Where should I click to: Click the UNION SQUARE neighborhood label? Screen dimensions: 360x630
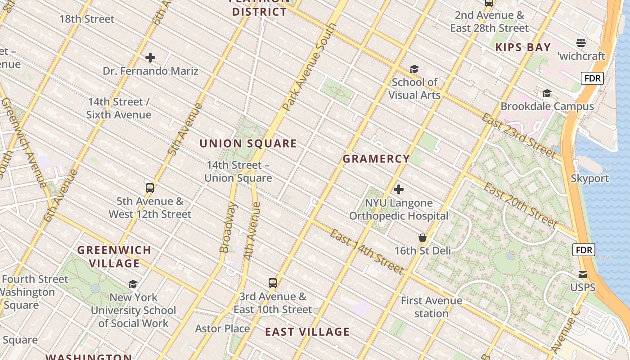point(248,144)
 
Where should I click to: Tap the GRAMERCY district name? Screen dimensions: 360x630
point(376,159)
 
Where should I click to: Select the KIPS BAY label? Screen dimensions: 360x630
point(523,47)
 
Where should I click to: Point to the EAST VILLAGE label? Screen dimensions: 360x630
point(307,332)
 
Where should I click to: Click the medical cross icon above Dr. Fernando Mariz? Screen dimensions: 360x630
point(150,58)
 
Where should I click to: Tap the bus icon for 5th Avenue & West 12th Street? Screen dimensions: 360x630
point(150,188)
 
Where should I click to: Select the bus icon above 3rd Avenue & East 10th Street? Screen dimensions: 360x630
point(273,283)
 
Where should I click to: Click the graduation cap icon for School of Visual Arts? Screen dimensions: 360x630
point(414,69)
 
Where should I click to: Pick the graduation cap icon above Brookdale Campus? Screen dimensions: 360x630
point(547,93)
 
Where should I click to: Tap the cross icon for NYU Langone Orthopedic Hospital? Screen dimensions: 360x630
point(399,189)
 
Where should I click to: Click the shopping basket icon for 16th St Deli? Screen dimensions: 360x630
point(423,238)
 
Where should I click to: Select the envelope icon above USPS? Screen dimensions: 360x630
point(583,274)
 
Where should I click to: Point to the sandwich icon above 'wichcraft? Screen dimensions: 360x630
point(581,43)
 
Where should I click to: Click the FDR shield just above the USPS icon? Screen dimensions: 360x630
point(584,250)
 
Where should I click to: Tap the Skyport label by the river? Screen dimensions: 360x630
point(589,178)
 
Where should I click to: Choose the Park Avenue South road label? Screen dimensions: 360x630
point(310,67)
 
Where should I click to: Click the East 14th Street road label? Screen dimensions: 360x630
point(366,252)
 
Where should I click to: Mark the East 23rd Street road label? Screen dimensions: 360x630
point(518,135)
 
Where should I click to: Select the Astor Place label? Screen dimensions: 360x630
point(222,328)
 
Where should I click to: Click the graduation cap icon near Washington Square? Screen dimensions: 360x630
point(133,284)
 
